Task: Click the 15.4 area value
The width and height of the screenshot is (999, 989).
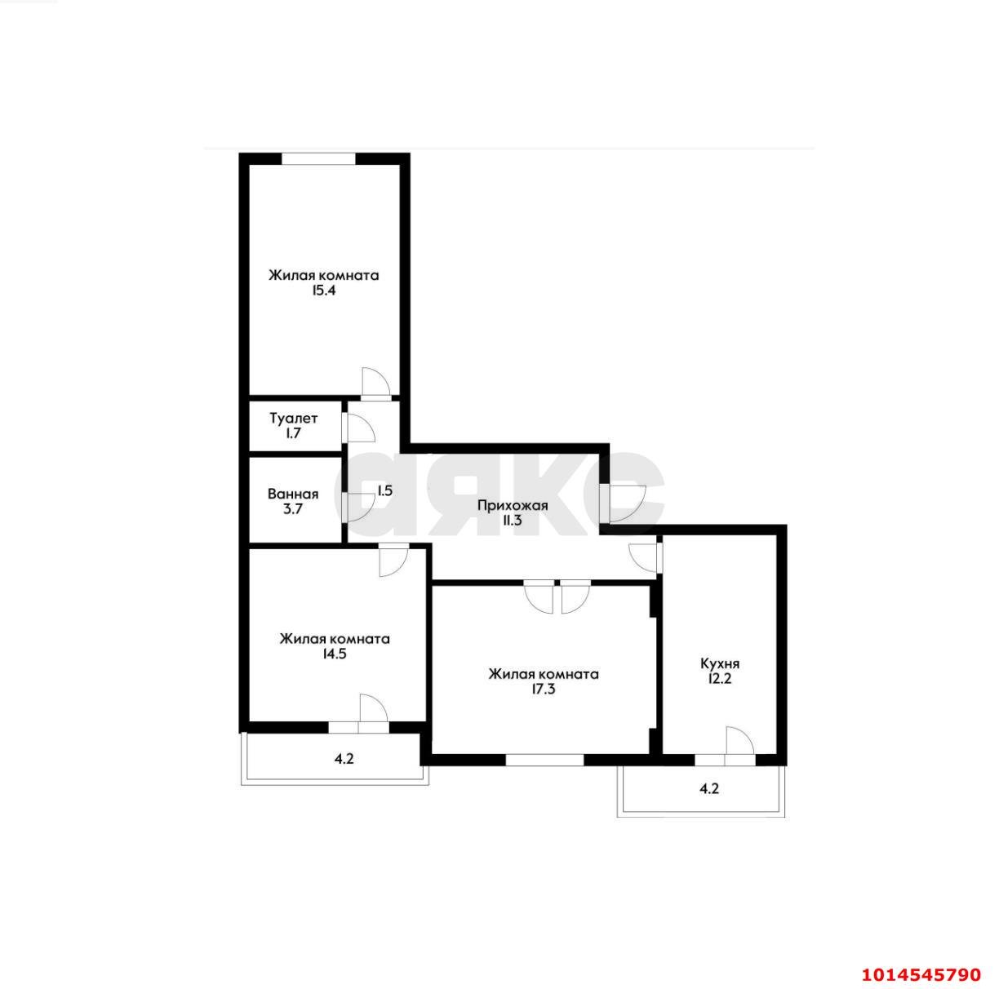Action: [324, 290]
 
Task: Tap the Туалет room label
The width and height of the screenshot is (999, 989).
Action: [294, 418]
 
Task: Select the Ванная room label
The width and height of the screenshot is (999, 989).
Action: [293, 494]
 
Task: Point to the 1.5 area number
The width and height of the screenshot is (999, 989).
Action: [384, 491]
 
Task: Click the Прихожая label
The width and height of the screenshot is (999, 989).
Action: [513, 505]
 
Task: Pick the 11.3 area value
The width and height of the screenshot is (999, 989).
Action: [513, 521]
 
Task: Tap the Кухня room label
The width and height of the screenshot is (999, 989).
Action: [720, 663]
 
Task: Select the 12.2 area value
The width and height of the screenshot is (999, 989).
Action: [720, 678]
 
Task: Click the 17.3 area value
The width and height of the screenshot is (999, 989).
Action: [544, 689]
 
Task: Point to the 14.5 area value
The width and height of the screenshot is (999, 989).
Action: [334, 654]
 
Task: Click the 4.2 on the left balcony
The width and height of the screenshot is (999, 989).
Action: [344, 759]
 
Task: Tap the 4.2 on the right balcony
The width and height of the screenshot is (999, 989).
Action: [709, 789]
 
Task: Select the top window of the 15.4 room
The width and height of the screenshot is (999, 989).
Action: [319, 158]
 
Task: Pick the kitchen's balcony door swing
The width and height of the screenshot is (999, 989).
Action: [738, 742]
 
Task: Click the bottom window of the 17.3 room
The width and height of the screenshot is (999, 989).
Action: [544, 759]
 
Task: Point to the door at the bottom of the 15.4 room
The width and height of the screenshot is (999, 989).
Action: [375, 384]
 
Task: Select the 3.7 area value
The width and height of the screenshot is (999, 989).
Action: [293, 509]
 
